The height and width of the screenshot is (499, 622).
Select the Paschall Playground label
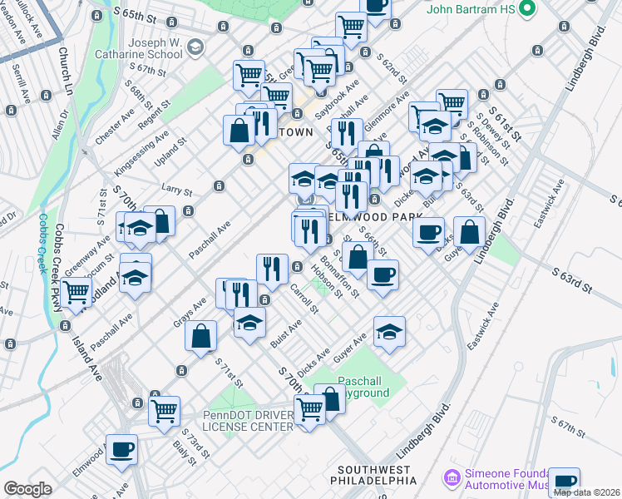363,386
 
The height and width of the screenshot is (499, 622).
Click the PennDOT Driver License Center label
248,421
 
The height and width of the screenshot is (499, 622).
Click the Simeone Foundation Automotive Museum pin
452,478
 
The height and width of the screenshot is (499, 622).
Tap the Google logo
27,489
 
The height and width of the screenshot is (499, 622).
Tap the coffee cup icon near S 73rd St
122,449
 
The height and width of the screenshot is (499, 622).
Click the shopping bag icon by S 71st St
201,336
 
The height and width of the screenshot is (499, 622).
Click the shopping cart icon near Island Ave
77,292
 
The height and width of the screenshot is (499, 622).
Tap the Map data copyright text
585,492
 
